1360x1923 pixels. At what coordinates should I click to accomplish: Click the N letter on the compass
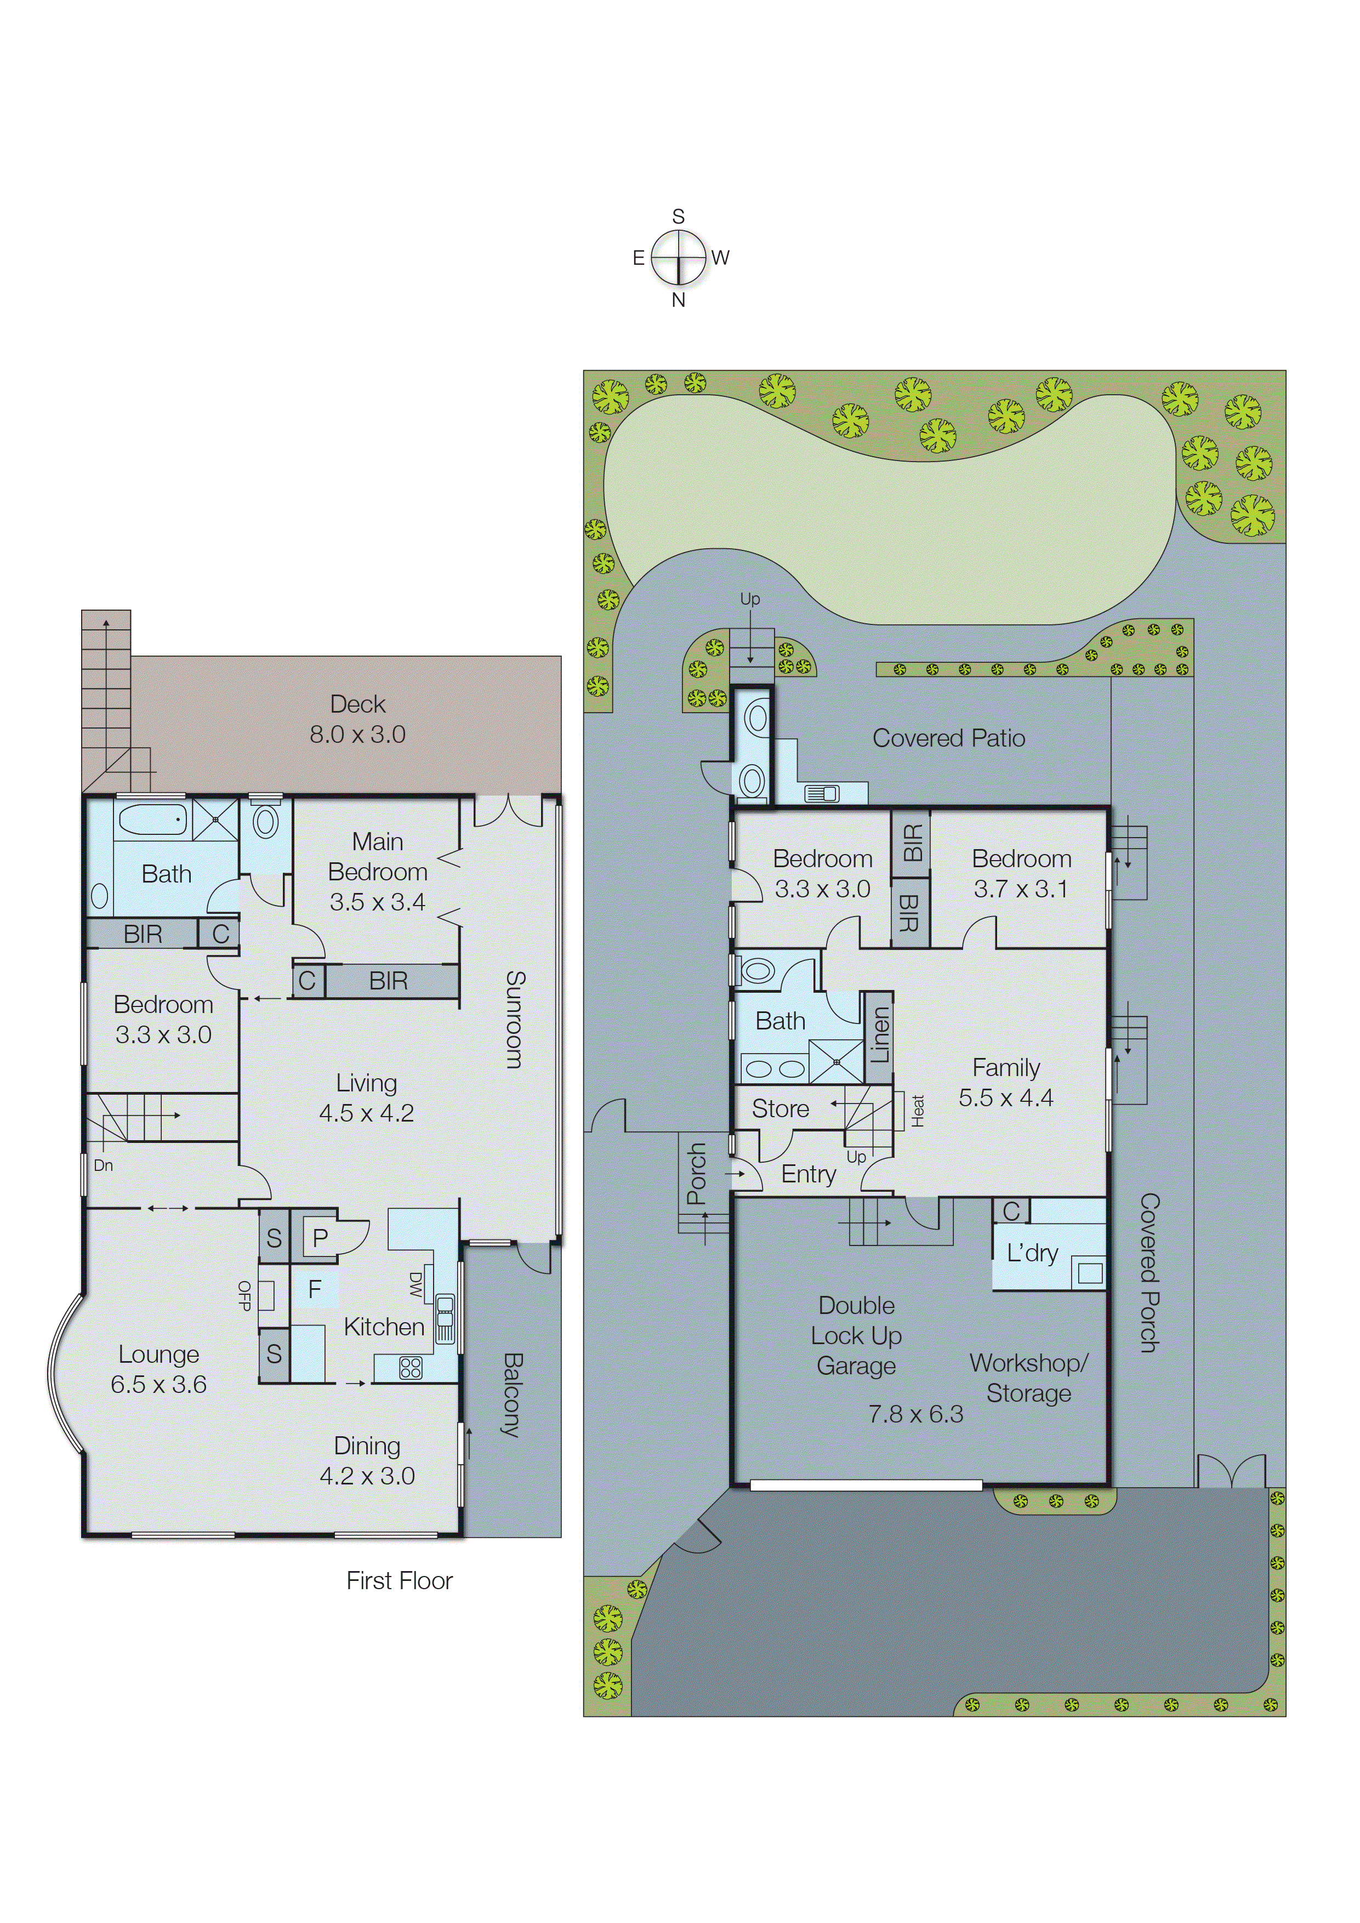pyautogui.click(x=678, y=300)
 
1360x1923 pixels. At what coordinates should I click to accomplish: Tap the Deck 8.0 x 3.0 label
pyautogui.click(x=357, y=719)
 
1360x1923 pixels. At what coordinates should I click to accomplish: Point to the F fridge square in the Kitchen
pyautogui.click(x=315, y=1289)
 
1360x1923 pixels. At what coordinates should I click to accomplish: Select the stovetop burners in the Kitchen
pyautogui.click(x=411, y=1368)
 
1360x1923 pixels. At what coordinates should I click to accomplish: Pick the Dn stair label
pyautogui.click(x=103, y=1165)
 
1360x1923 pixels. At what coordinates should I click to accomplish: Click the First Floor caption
pyautogui.click(x=400, y=1580)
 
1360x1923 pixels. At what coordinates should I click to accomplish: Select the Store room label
pyautogui.click(x=779, y=1109)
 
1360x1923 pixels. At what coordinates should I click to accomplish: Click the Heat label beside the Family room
pyautogui.click(x=918, y=1111)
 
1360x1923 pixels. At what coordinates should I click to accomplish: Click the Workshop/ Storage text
pyautogui.click(x=1028, y=1378)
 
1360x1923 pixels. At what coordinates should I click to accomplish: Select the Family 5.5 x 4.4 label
pyautogui.click(x=1006, y=1082)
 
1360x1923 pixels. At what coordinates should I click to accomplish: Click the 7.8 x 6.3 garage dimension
pyautogui.click(x=915, y=1414)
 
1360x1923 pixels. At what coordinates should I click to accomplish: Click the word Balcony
pyautogui.click(x=513, y=1395)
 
